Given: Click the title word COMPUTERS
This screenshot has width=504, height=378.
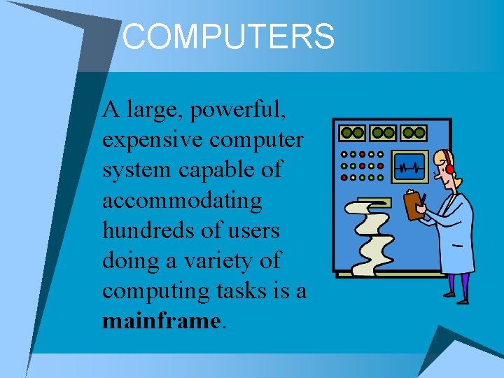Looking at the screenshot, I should coord(228,36).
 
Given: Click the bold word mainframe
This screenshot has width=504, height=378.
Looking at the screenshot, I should coord(161,321).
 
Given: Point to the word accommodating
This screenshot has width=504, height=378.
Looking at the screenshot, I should coord(182,202).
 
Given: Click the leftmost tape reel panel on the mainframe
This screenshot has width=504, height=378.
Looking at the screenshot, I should coord(352,132).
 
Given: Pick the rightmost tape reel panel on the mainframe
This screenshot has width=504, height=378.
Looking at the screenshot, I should coord(414,132).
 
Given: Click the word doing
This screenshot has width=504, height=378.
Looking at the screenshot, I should coord(131,261).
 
